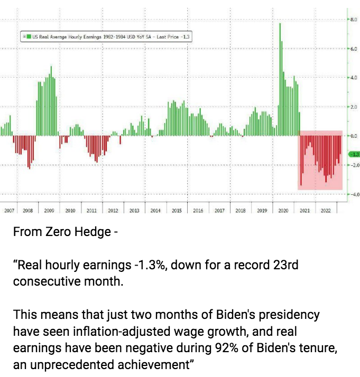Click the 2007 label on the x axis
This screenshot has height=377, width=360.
pos(9,210)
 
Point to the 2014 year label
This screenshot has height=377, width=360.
pos(155,210)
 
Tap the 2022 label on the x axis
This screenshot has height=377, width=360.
pos(326,210)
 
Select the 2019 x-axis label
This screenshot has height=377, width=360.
pos(262,210)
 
